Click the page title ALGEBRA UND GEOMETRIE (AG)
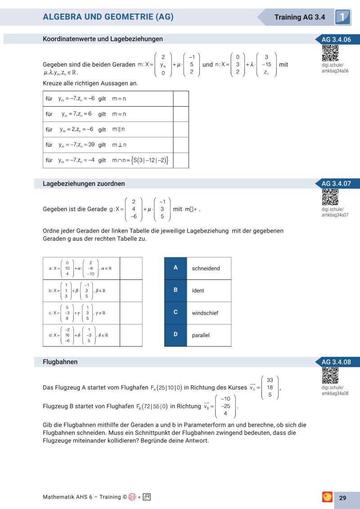point(108,17)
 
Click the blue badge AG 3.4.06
point(336,40)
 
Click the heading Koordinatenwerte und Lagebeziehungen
point(103,39)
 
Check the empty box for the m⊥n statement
point(180,145)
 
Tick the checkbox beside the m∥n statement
point(180,130)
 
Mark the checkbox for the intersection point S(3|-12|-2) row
point(180,160)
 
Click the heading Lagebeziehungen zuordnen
point(84,184)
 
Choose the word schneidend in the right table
point(206,268)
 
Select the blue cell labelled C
point(175,312)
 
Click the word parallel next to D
point(201,335)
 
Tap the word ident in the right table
point(198,291)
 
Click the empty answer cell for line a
point(131,268)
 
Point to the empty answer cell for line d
point(131,335)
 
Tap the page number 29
point(342,498)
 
